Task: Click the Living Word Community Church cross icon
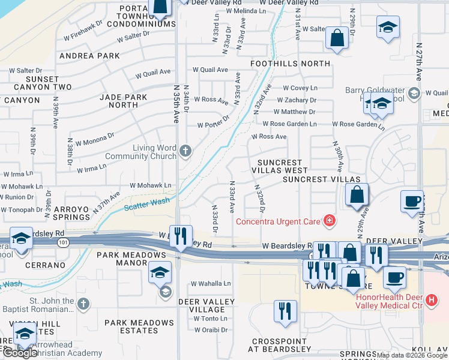pos(185,151)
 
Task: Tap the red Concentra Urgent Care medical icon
pos(328,221)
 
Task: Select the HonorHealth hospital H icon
pos(430,299)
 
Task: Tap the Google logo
pos(19,352)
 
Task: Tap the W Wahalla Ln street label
pos(210,284)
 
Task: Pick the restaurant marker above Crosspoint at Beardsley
pos(285,310)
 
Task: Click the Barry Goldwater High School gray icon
pos(413,92)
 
